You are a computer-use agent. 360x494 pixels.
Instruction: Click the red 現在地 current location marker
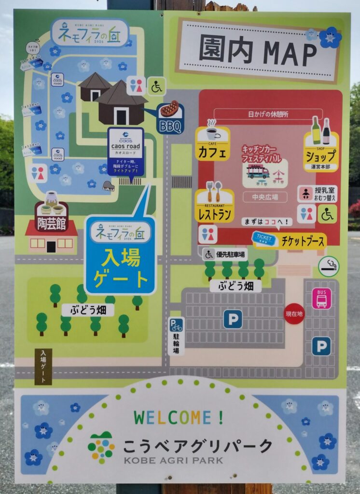[x=294, y=314]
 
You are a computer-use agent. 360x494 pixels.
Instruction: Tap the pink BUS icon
[x=321, y=298]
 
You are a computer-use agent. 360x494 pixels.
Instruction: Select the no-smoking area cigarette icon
[x=329, y=266]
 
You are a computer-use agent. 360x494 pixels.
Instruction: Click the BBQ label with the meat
[x=169, y=118]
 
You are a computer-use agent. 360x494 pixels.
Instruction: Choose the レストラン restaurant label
[x=215, y=206]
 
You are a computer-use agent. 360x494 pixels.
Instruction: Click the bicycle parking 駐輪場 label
[x=176, y=336]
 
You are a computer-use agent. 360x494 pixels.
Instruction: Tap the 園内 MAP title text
[x=258, y=51]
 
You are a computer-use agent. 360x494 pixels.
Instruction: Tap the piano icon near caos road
[x=109, y=186]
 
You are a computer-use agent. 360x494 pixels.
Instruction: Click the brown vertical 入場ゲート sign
[x=43, y=366]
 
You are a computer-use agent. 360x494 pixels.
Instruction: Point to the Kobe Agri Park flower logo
[x=101, y=448]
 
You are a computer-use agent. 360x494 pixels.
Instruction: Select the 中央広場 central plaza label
[x=265, y=197]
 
